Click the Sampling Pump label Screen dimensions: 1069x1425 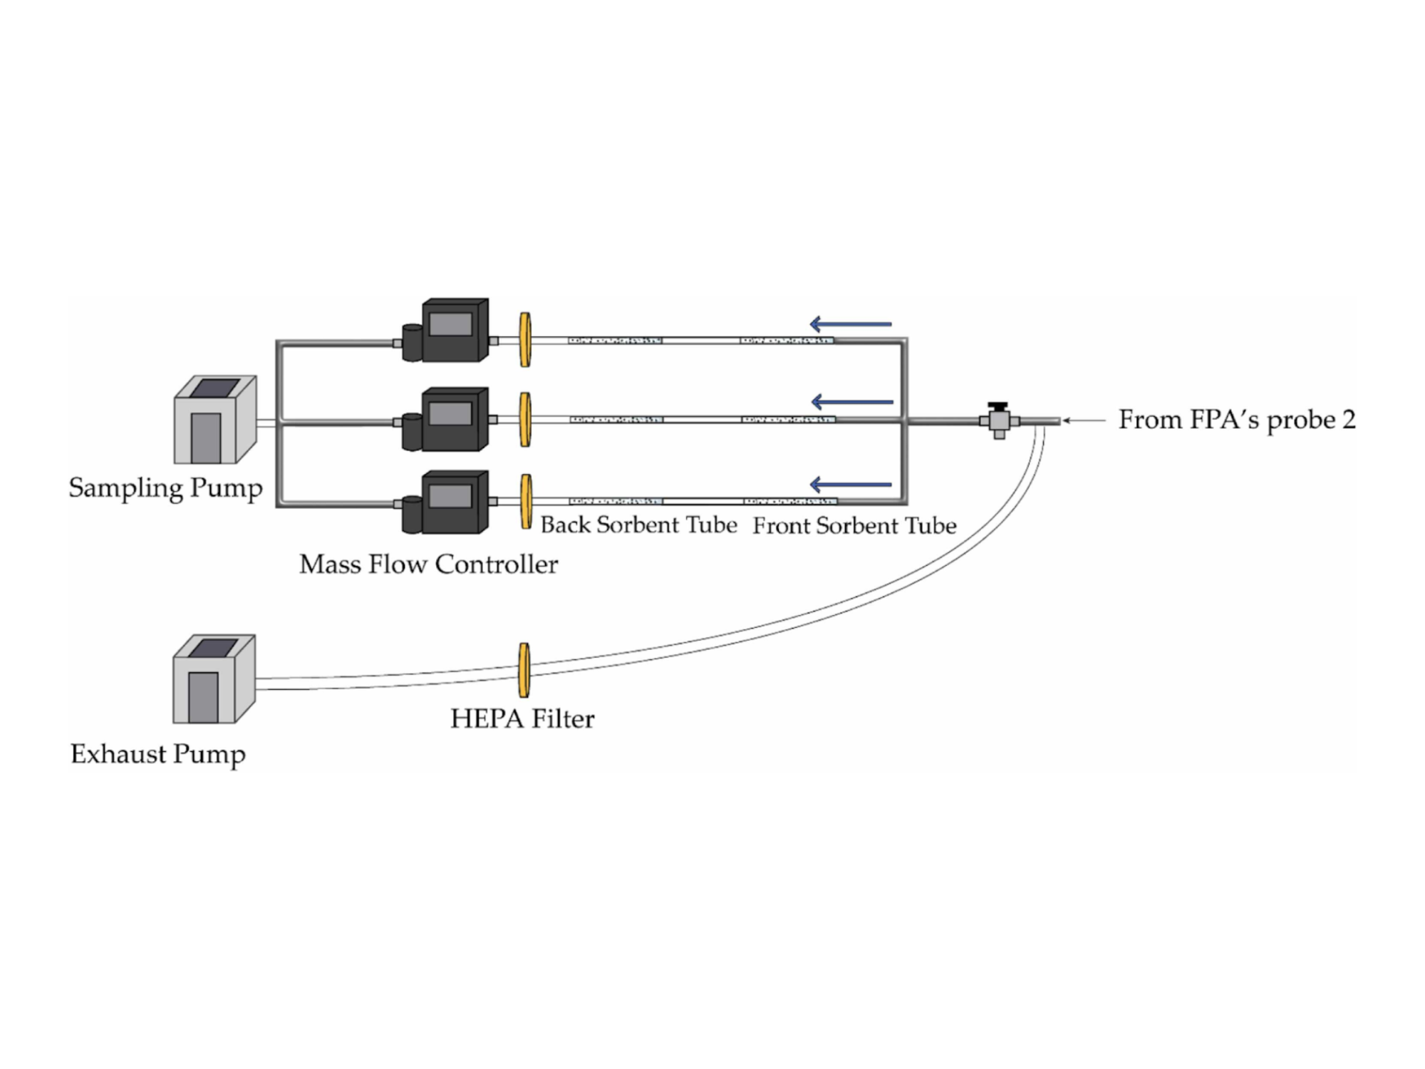165,488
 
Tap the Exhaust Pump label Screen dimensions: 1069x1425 157,754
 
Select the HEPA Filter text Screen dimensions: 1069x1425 522,718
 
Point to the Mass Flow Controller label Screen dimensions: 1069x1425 428,564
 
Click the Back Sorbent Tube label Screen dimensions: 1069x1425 638,525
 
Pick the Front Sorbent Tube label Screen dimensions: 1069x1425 854,526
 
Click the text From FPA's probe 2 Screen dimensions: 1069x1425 1237,420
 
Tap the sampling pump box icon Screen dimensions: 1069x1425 214,420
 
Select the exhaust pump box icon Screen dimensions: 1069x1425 214,679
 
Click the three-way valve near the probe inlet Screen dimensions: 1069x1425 999,420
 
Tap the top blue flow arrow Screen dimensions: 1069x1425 851,324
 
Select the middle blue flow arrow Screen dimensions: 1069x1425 852,402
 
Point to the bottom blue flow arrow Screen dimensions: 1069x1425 851,485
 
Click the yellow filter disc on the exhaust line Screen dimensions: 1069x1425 524,670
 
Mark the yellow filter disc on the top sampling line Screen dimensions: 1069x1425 525,340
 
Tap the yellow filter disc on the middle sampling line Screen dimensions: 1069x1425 525,420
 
